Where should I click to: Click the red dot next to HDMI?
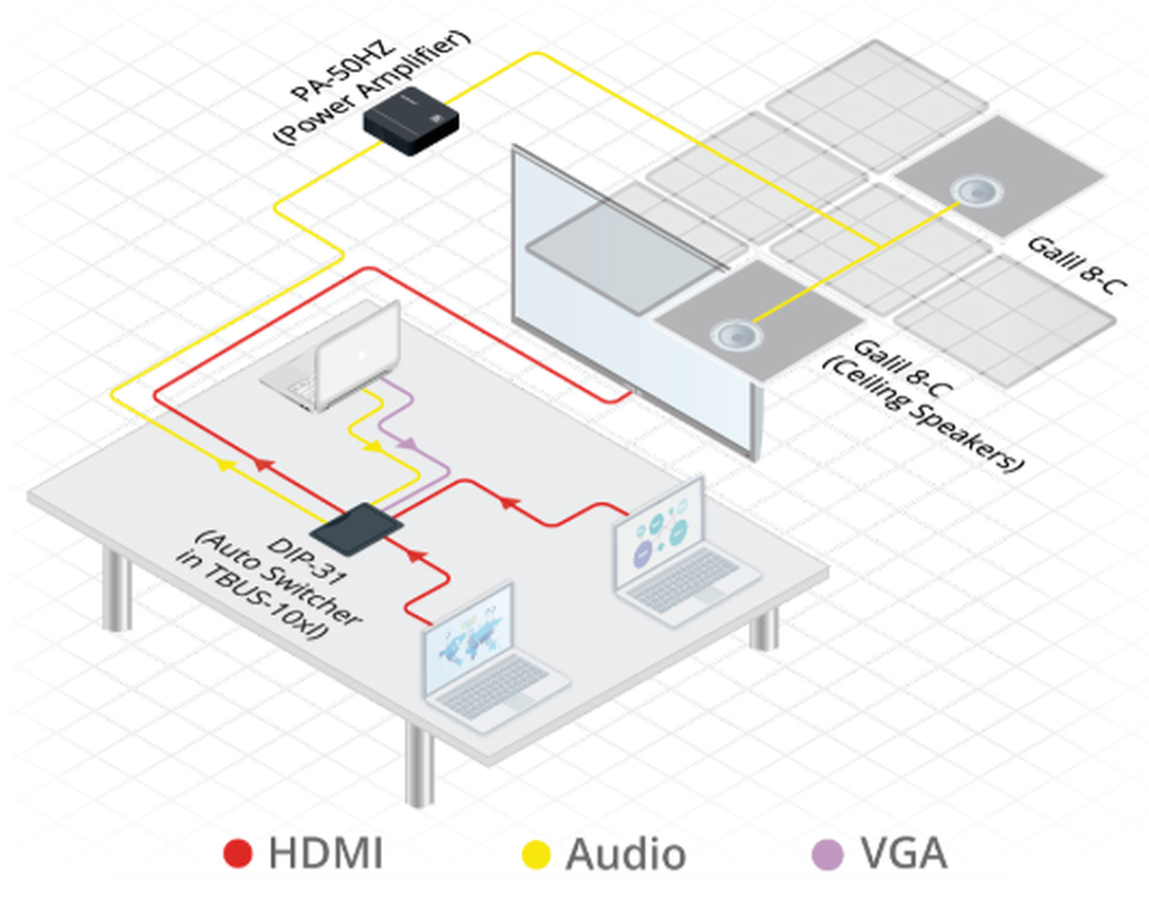click(x=237, y=853)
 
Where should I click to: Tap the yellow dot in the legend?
click(x=538, y=853)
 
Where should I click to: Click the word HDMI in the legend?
click(x=326, y=853)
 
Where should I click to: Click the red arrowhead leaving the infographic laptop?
click(x=507, y=501)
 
